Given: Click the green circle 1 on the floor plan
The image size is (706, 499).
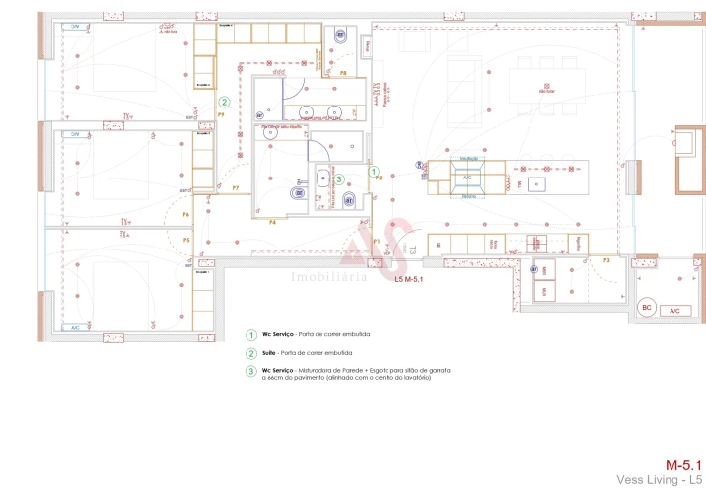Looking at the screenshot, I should coord(374,171).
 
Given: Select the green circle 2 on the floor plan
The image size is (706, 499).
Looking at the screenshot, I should coord(224,102).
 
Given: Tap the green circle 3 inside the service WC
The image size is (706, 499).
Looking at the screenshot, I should coord(339,179).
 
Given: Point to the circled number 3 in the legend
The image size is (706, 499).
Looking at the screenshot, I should coord(251,371).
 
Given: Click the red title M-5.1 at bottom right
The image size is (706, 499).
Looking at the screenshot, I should coord(682,463).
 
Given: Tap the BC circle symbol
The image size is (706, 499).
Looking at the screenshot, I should coord(647,308).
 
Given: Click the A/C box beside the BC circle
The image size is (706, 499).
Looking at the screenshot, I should coord(674,310).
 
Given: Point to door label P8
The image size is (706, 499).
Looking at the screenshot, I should coord(343,73).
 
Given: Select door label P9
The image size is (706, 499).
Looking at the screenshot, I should coord(222,115).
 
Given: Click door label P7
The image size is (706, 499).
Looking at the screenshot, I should coord(235,187).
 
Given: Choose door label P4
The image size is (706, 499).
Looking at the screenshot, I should coord(272,223).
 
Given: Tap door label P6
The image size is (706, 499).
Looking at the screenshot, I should coord(185,214).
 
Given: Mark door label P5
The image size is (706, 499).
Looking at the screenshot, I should coord(185,240).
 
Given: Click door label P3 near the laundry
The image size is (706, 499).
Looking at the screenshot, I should coord(607,260).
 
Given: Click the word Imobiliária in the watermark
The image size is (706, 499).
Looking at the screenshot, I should coord(329,277).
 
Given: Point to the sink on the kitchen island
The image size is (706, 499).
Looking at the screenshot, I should coord(536,183).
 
